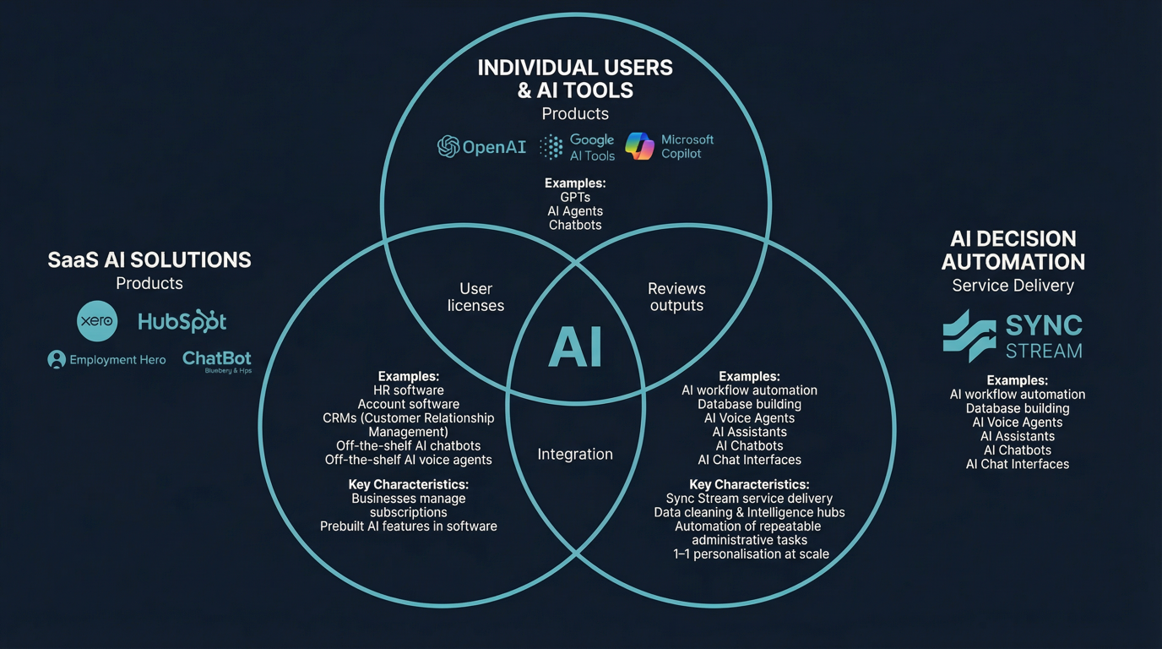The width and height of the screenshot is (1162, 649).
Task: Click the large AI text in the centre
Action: tap(575, 347)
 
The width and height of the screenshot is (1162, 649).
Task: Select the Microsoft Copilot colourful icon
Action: tap(639, 146)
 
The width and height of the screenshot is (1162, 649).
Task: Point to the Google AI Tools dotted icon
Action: tap(551, 147)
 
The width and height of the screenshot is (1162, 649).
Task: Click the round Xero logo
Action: tap(97, 321)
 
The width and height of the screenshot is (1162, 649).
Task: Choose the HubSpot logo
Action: tap(182, 322)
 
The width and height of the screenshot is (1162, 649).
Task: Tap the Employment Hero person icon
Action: tap(57, 360)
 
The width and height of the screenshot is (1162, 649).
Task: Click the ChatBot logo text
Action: tap(217, 358)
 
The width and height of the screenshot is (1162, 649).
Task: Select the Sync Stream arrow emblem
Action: tap(969, 335)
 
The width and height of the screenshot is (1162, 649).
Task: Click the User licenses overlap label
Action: tap(475, 297)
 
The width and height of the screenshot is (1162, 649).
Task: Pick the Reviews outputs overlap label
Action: tap(676, 297)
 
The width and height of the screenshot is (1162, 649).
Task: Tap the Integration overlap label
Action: tap(575, 455)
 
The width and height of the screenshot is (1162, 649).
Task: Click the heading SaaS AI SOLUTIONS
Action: tap(149, 260)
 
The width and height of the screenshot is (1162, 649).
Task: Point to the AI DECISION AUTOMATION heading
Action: tap(1013, 250)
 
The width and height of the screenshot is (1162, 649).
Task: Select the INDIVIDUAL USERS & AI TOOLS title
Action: tap(575, 79)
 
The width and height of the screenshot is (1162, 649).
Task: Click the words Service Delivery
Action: tap(1013, 286)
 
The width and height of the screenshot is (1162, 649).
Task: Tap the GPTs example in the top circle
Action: tap(575, 198)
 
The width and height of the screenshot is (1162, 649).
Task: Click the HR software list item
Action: tap(409, 390)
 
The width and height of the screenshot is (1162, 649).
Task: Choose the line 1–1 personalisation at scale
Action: tap(751, 554)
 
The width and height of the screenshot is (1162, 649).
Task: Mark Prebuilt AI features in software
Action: tap(409, 526)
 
